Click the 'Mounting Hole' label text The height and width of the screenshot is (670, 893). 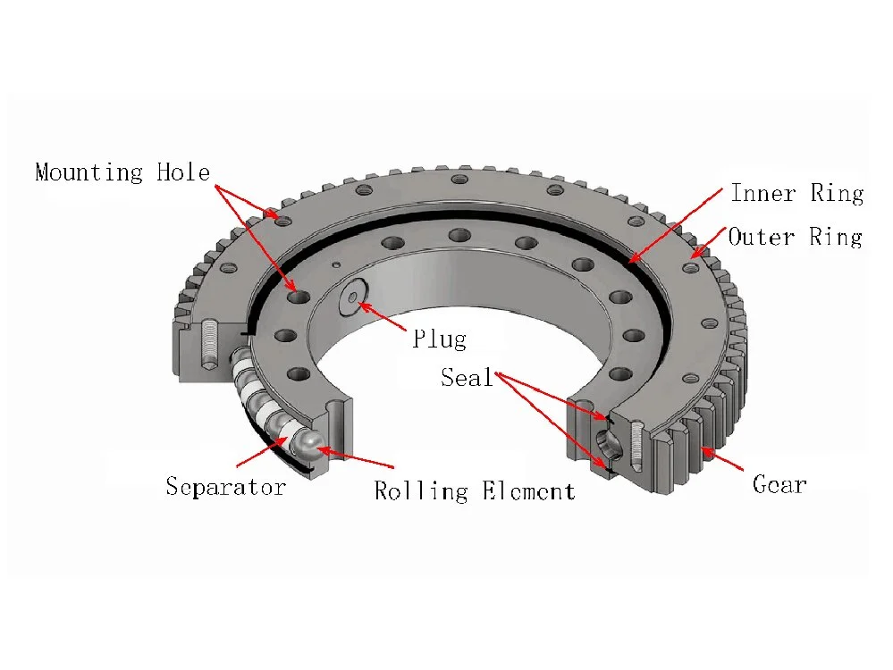click(x=122, y=172)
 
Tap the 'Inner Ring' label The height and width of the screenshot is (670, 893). click(x=796, y=193)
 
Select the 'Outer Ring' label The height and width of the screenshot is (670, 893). click(x=795, y=237)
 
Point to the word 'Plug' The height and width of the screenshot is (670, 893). click(x=439, y=339)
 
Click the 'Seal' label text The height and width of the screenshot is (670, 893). click(x=467, y=377)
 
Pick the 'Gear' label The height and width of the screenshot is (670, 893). click(x=779, y=485)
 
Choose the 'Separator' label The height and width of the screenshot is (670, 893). click(x=225, y=487)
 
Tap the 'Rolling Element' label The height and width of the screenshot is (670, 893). click(x=474, y=490)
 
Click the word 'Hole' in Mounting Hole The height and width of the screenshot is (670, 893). click(x=183, y=172)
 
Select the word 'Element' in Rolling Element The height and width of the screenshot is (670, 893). click(x=528, y=490)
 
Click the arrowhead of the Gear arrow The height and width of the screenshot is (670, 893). click(x=702, y=449)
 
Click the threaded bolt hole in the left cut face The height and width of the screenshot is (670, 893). click(x=207, y=344)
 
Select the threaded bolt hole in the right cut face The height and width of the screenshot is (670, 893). click(x=635, y=444)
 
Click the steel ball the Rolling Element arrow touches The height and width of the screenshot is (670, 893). click(x=310, y=444)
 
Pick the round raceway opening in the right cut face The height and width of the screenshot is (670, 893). click(x=608, y=442)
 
